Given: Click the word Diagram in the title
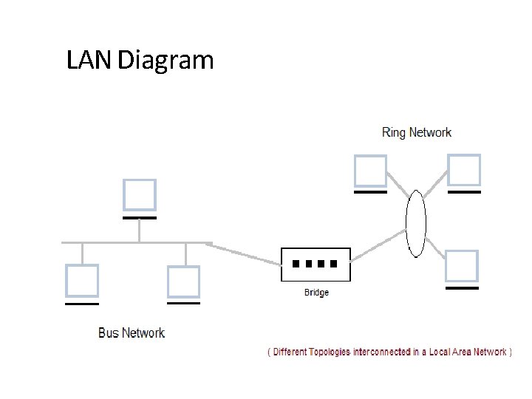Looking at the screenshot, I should (166, 61).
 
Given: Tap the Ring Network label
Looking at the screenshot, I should (416, 133).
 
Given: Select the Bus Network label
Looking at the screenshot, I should (132, 332).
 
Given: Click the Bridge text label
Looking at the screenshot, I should (316, 293).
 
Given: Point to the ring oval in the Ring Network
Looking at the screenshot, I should (417, 223).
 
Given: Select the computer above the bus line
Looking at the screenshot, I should (139, 195).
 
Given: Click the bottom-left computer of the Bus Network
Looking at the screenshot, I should (81, 282).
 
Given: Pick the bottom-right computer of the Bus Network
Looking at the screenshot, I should (183, 282).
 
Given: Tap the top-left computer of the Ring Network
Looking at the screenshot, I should (369, 171).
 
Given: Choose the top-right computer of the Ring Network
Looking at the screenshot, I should (464, 171).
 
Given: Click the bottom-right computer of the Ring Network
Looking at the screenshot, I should (462, 266).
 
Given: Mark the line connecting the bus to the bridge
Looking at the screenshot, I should (244, 253).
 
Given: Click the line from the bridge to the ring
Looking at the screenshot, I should (378, 246).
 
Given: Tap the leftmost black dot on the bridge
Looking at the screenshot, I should (296, 263).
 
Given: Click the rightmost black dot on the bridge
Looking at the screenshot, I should (334, 263).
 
